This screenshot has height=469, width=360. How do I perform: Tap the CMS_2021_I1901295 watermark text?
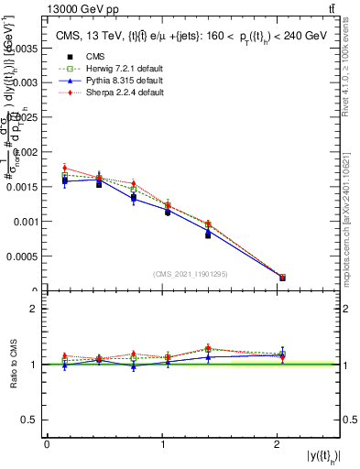[191, 273]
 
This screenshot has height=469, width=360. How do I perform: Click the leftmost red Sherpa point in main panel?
[65, 168]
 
